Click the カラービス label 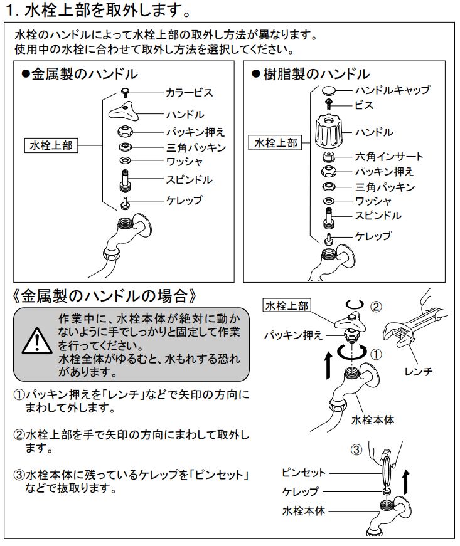pyautogui.click(x=189, y=93)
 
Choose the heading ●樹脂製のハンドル pyautogui.click(x=310, y=74)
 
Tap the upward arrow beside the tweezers pyautogui.click(x=405, y=482)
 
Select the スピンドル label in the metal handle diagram pyautogui.click(x=189, y=180)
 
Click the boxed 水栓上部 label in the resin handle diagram pyautogui.click(x=276, y=143)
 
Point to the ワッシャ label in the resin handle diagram pyautogui.click(x=373, y=201)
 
